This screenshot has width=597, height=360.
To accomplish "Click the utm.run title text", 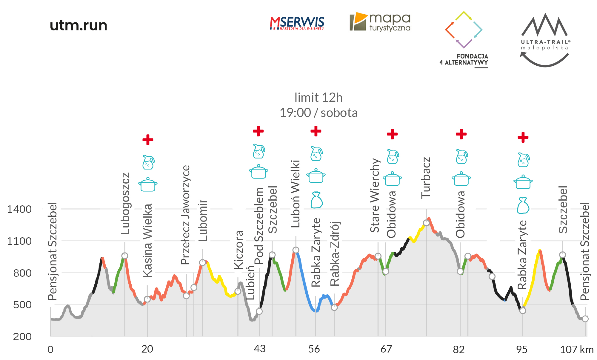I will (x=79, y=25).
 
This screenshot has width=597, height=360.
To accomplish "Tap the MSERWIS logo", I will (x=297, y=23).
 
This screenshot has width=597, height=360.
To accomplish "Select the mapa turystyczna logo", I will (x=380, y=22).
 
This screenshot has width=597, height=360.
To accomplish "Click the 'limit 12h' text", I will (x=318, y=98).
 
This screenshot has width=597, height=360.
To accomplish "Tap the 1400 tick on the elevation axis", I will (x=19, y=209).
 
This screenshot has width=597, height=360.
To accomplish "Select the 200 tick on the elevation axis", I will (x=22, y=337).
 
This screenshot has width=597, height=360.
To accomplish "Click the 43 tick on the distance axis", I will (x=259, y=349).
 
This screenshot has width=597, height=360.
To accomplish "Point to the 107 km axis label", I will (x=576, y=349).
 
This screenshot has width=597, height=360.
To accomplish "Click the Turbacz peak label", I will (x=426, y=178).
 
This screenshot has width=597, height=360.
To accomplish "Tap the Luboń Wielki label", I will (x=296, y=194).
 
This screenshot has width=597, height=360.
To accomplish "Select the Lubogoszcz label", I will (x=125, y=203).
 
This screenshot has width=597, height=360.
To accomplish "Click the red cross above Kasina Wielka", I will (x=148, y=139).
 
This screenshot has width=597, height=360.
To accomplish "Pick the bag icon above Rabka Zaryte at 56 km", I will (x=316, y=200).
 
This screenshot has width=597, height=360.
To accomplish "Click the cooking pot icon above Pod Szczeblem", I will (x=259, y=172).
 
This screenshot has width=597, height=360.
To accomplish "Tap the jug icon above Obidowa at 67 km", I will (x=393, y=157).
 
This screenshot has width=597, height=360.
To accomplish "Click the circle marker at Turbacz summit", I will (x=426, y=223).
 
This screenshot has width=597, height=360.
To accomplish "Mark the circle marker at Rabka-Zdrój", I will (x=334, y=307).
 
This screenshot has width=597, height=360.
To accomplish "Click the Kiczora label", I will (x=239, y=250).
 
